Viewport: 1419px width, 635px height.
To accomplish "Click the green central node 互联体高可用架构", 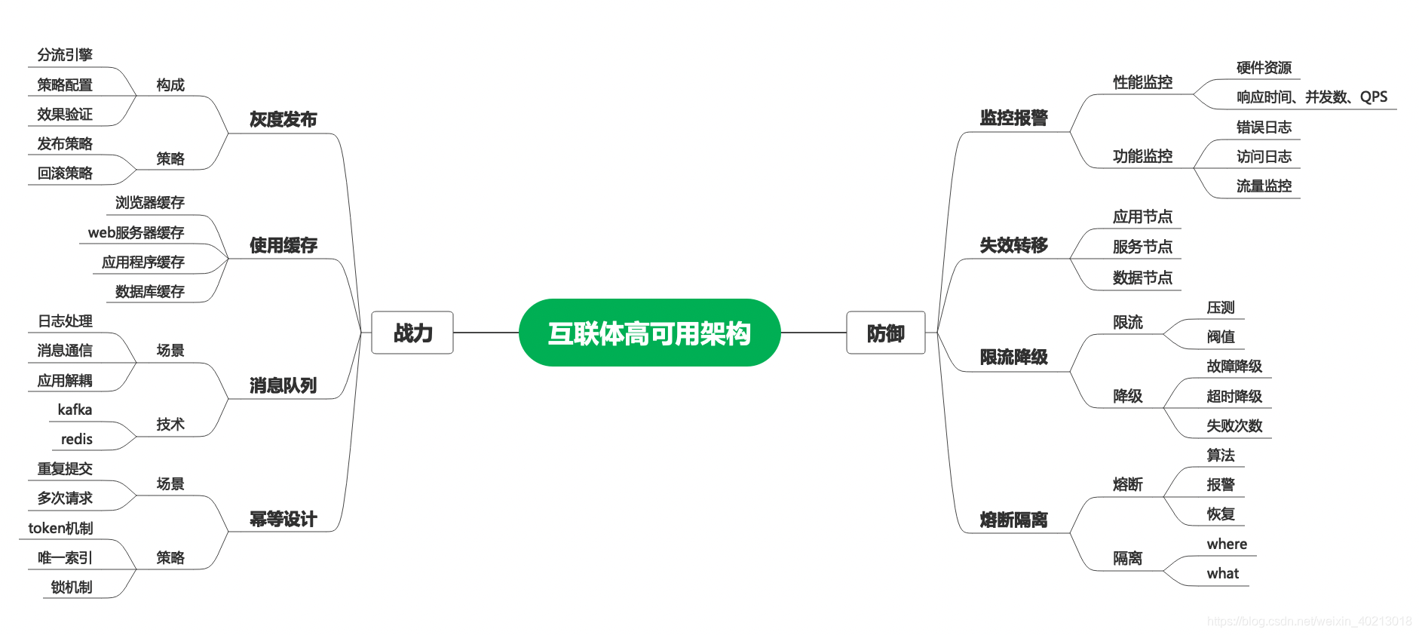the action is tap(649, 333).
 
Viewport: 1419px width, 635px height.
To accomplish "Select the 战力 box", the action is tap(412, 333).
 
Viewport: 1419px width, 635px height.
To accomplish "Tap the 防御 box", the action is tap(885, 333).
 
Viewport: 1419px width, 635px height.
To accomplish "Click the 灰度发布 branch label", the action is tap(283, 119).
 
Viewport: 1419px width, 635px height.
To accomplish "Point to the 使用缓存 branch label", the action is tap(283, 245).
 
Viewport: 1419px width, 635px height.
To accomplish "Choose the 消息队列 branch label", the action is tap(283, 385).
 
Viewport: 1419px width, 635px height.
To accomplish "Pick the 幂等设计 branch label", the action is tap(283, 519).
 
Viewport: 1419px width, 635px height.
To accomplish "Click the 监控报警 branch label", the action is tap(1013, 118).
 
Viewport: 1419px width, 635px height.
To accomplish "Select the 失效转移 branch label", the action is tap(1013, 245).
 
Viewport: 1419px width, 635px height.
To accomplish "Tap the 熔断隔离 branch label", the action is tap(1013, 520).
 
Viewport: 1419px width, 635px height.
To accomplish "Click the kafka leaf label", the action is tap(75, 410).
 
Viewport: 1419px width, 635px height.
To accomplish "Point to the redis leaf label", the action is tap(76, 439).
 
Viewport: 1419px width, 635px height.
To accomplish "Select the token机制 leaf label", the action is tap(60, 528).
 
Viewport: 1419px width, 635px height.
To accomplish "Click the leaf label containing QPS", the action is tap(1311, 97).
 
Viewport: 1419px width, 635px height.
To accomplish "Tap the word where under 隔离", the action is tap(1227, 544).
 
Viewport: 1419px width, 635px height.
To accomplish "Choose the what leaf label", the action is tap(1222, 573).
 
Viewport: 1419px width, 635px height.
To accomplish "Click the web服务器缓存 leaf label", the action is tap(136, 232).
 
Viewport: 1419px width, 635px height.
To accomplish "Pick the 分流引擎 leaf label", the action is tap(65, 55).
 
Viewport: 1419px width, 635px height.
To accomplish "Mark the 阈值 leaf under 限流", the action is tap(1221, 336).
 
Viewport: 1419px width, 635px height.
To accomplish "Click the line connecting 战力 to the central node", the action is tap(486, 333).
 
